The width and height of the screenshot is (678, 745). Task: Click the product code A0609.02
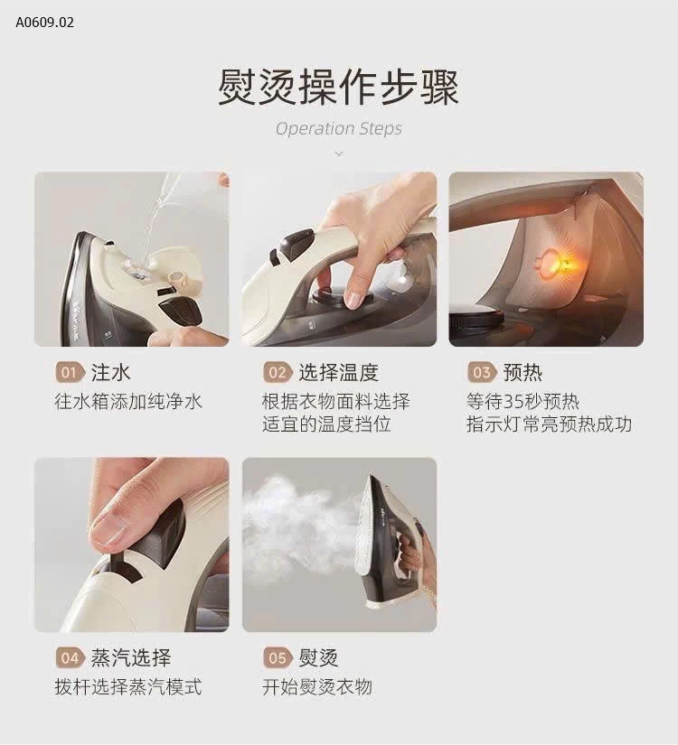click(x=44, y=22)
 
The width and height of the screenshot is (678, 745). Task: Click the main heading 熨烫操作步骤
click(x=338, y=88)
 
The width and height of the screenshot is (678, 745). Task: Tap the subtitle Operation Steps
click(x=338, y=128)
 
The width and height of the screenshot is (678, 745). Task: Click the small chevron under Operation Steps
click(x=338, y=154)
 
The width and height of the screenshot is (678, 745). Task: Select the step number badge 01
click(x=70, y=373)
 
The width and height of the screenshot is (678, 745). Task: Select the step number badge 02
click(x=277, y=373)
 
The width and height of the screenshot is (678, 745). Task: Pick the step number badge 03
click(x=482, y=373)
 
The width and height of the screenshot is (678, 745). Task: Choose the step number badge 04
click(x=70, y=658)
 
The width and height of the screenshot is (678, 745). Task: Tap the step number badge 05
click(x=277, y=658)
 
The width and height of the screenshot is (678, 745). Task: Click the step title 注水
click(x=110, y=372)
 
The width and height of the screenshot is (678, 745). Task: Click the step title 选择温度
click(x=338, y=372)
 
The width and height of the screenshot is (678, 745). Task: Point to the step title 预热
click(x=522, y=372)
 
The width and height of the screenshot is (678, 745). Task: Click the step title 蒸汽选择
click(x=130, y=657)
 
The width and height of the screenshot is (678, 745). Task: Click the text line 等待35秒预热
click(x=523, y=401)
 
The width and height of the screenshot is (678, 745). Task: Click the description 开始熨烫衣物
click(x=316, y=687)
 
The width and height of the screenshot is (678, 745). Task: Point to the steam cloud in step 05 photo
click(x=303, y=524)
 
